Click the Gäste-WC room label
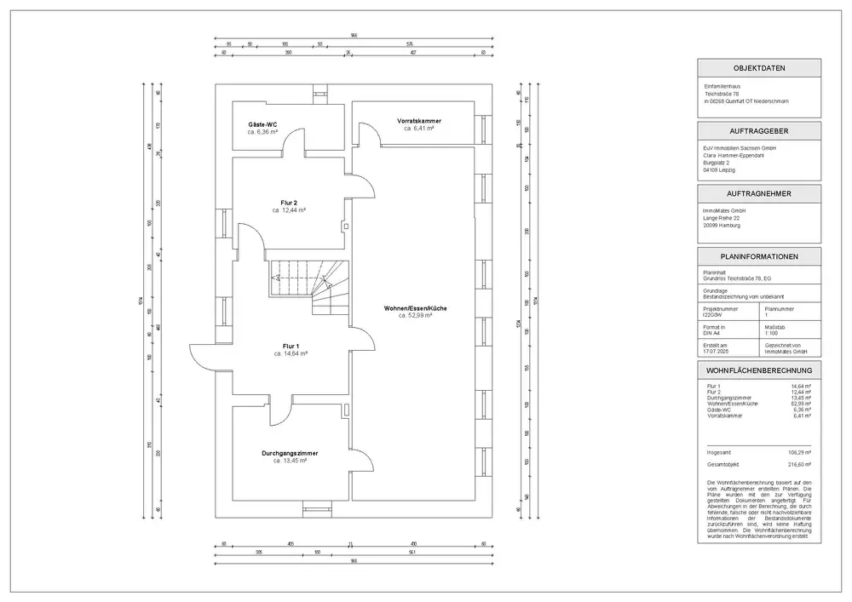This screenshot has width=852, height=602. coord(262,124)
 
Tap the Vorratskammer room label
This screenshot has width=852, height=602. coord(419,120)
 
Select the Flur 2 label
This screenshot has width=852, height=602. coord(290,203)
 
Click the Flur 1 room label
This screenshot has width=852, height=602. coord(291,346)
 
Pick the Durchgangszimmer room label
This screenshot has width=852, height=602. coord(290,453)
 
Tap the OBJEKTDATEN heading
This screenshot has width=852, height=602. coord(758,68)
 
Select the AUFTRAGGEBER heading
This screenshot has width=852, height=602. coord(758,131)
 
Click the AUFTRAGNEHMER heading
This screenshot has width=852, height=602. coord(758,193)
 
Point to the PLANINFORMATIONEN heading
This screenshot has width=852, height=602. coord(758,256)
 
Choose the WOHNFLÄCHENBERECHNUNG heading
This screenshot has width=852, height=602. coord(758,370)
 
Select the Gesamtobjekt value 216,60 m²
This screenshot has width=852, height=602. coord(799,465)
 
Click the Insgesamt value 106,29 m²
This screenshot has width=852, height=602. coord(799,451)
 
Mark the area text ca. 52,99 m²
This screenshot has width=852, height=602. coord(416,315)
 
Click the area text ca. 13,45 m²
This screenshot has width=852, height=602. coord(290,461)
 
